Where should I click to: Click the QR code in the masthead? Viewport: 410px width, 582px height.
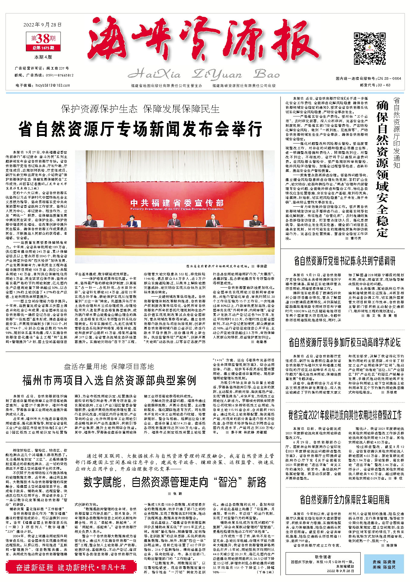coord(369,48)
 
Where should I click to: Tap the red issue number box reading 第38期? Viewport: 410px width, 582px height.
coord(44,39)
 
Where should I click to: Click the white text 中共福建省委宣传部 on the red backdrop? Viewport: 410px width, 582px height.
coord(177,202)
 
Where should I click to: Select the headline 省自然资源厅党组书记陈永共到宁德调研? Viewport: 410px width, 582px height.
coord(345,261)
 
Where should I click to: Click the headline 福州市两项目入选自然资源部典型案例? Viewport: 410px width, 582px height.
coord(109,380)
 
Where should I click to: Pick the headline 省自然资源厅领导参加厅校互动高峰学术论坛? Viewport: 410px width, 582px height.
coord(345,343)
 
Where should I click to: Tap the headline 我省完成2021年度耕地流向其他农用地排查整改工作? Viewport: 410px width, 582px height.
coord(345,415)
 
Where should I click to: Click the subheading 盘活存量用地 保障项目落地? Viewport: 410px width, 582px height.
coord(109,366)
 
